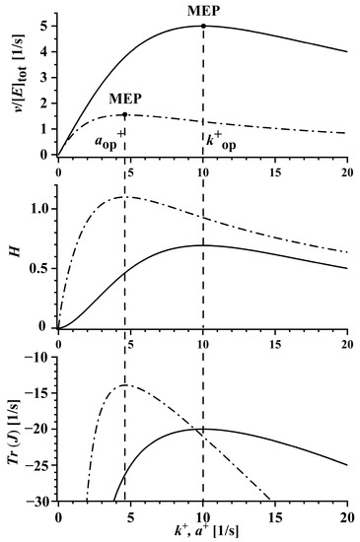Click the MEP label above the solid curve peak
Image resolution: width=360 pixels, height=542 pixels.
click(203, 11)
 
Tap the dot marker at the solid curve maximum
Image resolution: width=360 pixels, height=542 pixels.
click(203, 26)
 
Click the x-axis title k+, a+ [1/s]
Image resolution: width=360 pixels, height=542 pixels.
click(202, 532)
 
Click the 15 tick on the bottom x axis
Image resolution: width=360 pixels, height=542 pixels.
click(275, 514)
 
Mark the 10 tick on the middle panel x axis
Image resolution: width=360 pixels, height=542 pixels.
click(203, 341)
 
